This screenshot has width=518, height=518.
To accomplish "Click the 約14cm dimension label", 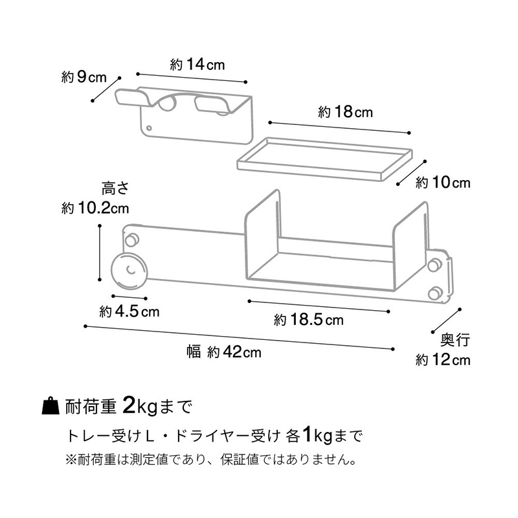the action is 197,64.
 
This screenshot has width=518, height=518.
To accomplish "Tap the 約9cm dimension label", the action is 84,77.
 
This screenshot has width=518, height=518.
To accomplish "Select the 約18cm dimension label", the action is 345,112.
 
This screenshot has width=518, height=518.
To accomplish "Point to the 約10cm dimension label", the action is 443,183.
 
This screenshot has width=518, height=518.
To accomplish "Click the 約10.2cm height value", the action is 95,208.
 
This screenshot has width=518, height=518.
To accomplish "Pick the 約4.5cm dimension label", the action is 129,311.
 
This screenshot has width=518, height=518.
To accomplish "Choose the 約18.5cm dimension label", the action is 309,320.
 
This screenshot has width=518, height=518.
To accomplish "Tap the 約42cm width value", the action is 234,352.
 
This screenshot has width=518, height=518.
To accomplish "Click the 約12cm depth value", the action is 443,360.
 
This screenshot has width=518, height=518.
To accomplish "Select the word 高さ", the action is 115,189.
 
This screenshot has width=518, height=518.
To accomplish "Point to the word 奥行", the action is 455,340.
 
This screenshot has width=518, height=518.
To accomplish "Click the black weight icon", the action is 51,405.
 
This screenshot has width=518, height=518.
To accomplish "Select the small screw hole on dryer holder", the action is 149,128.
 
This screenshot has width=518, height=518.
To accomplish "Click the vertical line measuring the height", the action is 100,253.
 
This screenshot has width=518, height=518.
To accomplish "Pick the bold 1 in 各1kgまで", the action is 307,435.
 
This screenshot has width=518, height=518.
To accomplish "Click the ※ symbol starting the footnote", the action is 71,460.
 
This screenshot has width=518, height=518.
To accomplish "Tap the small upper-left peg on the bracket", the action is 132,240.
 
